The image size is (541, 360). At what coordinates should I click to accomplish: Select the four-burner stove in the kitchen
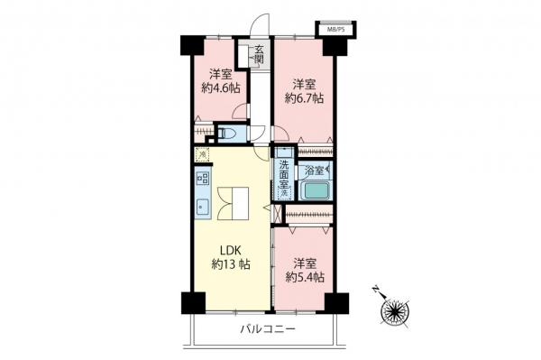(202, 179)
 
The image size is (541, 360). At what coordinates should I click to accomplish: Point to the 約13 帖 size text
(230, 265)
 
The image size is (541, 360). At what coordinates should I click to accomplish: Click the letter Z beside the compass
(373, 291)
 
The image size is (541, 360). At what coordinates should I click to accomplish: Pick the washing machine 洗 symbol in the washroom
(283, 193)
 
